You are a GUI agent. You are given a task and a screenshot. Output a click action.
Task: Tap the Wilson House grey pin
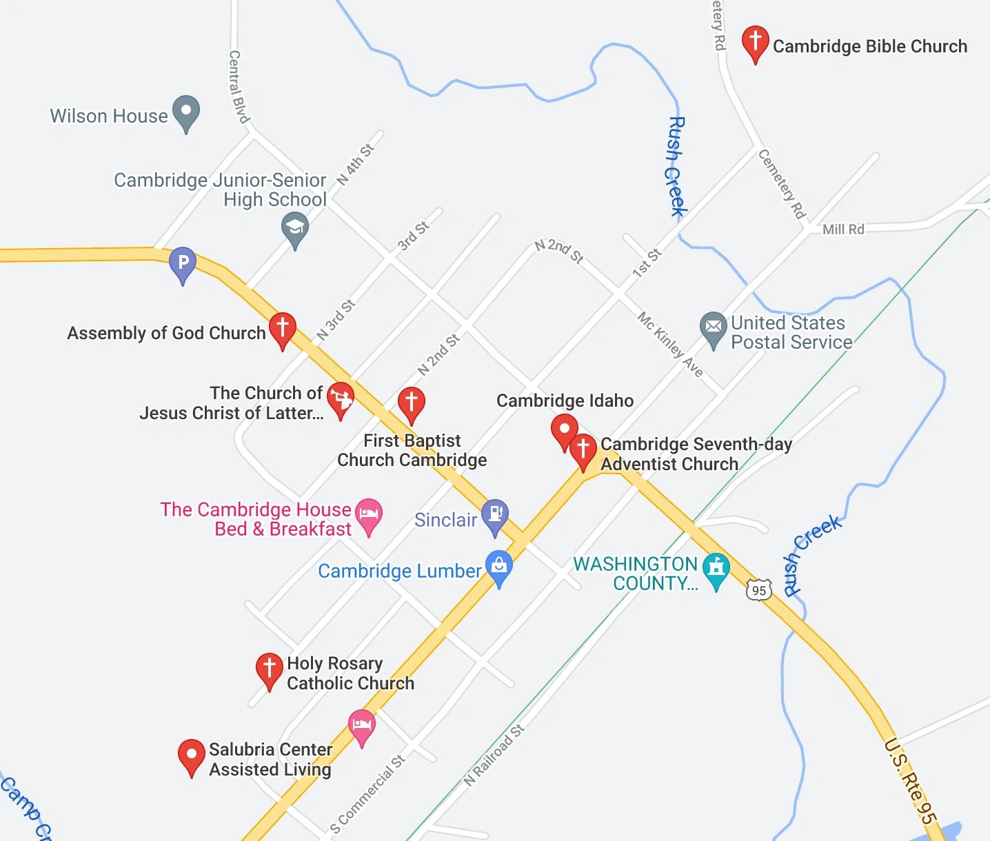pyautogui.click(x=185, y=112)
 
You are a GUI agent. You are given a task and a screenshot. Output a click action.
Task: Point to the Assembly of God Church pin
pyautogui.click(x=282, y=329)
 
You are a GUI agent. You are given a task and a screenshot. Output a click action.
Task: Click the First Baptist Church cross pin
pyautogui.click(x=411, y=403)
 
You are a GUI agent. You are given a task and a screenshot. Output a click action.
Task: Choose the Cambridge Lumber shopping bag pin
pyautogui.click(x=499, y=567)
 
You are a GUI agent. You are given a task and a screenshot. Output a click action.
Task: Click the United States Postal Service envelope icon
pyautogui.click(x=714, y=328)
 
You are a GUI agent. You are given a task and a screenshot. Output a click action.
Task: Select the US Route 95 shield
pyautogui.click(x=758, y=590)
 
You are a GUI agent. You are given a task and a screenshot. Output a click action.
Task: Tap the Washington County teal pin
pyautogui.click(x=716, y=569)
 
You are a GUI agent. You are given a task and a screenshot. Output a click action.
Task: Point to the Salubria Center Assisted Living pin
pyautogui.click(x=191, y=756)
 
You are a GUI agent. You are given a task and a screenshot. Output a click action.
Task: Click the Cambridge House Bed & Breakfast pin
pyautogui.click(x=369, y=515)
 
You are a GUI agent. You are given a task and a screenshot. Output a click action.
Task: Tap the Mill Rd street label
pyautogui.click(x=843, y=230)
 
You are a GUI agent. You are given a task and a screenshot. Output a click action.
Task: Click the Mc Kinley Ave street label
pyautogui.click(x=670, y=344)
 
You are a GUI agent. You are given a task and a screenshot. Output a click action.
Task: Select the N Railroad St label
pyautogui.click(x=494, y=756)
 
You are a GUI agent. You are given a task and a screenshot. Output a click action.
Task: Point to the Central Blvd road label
pyautogui.click(x=238, y=86)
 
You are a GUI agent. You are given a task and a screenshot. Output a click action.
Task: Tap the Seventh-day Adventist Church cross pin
pyautogui.click(x=583, y=450)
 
